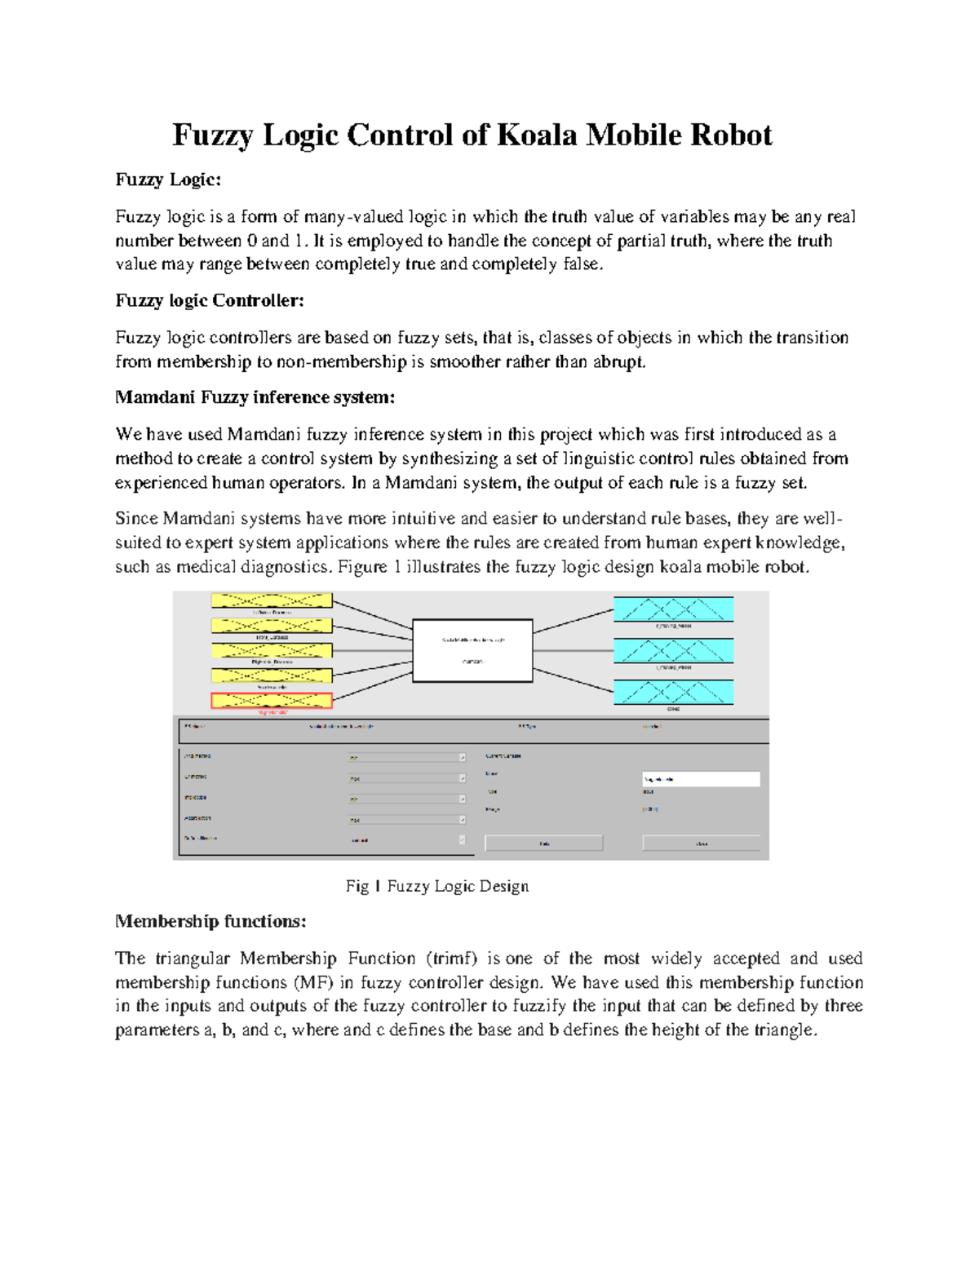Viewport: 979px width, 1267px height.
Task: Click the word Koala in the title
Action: (x=537, y=135)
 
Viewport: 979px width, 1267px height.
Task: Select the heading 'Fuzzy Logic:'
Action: (x=168, y=179)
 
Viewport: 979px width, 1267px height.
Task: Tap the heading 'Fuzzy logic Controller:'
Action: (x=210, y=300)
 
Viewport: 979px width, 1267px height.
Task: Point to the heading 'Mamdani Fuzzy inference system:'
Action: (x=255, y=397)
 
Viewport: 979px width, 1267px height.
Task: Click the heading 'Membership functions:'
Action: (x=210, y=921)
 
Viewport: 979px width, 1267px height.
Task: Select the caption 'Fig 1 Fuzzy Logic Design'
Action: (x=437, y=886)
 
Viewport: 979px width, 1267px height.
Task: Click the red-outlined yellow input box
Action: (x=272, y=700)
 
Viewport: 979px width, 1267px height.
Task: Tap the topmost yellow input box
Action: (x=272, y=600)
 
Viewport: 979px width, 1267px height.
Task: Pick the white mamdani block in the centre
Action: (x=472, y=650)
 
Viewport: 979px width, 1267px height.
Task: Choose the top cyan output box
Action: (x=673, y=609)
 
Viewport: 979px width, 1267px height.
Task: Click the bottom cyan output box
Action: (x=673, y=692)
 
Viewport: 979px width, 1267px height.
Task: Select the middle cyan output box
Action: (x=673, y=650)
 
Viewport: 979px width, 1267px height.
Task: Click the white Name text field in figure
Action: (x=701, y=779)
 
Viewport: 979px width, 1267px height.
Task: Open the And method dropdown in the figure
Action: (x=406, y=758)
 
